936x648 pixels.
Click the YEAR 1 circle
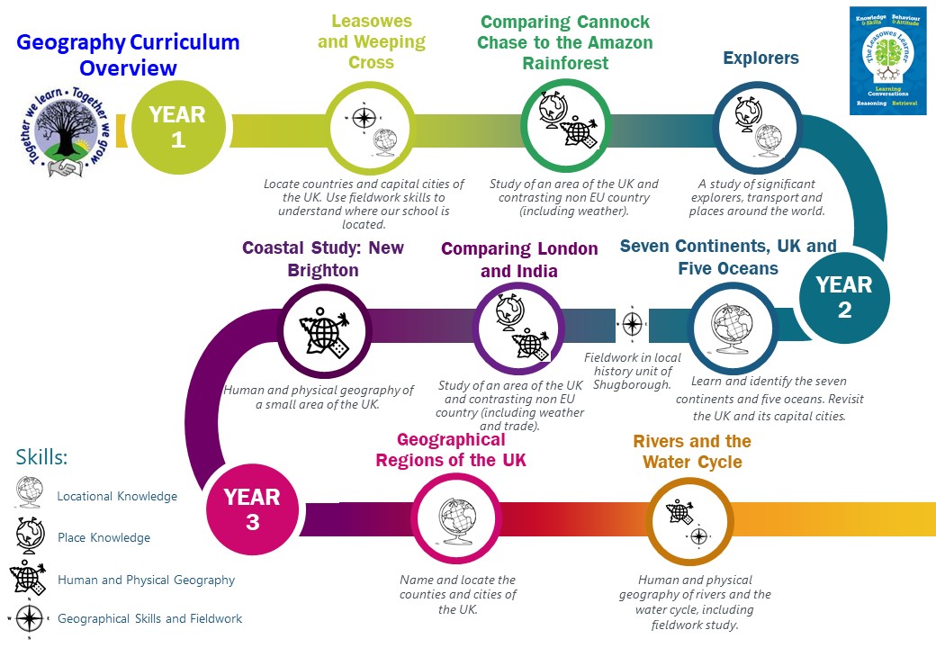(177, 126)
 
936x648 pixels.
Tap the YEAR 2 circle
(843, 297)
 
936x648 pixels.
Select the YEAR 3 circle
(252, 508)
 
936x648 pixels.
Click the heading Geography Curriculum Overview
(128, 55)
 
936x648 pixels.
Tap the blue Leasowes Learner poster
(888, 60)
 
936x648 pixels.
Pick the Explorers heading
(760, 59)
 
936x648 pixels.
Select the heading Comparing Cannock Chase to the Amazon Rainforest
(564, 42)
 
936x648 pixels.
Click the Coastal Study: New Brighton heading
(323, 258)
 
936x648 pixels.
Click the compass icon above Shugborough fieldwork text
(632, 323)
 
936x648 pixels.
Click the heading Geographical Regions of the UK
(451, 449)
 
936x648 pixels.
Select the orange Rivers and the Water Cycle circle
(690, 523)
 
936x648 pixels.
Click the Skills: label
(41, 457)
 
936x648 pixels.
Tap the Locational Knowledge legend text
(117, 496)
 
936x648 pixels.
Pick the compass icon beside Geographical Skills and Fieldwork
(30, 617)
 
